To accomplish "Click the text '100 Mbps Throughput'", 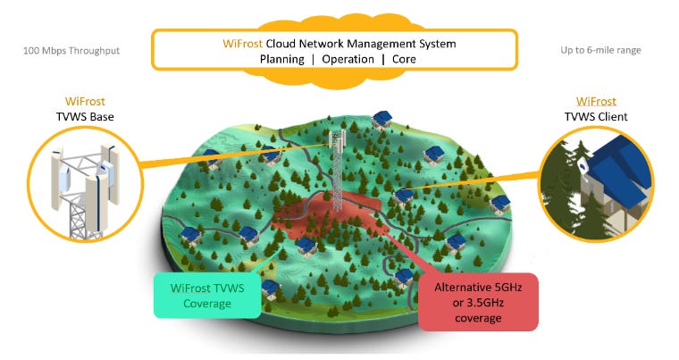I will (x=71, y=51).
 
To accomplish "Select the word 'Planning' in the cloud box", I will (x=283, y=59).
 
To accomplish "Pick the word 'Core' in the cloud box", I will (x=402, y=59).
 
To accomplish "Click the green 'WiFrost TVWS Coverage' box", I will (x=206, y=296).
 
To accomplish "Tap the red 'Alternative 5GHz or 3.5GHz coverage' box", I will (x=479, y=301).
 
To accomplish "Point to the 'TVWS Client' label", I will (x=595, y=117).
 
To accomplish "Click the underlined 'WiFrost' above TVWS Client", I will (x=596, y=102).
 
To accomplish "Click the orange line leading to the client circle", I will (x=474, y=182).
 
